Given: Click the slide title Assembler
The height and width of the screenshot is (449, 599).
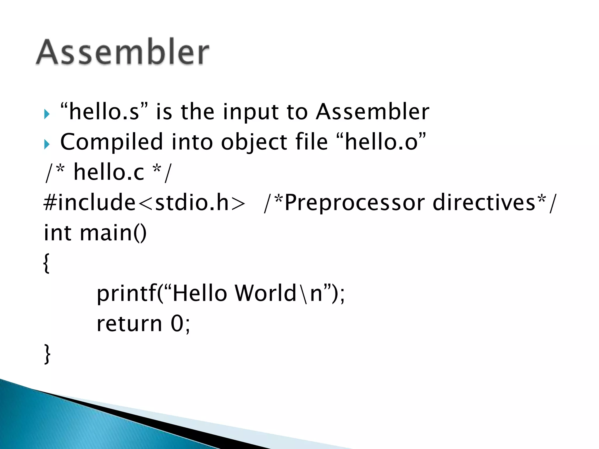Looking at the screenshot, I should coord(122,52).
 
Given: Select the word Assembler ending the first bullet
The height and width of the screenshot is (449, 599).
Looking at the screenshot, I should coord(372,112).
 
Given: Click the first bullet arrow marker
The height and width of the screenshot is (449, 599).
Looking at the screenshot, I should coord(47,114).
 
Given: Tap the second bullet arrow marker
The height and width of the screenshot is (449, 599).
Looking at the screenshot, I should coord(47,144).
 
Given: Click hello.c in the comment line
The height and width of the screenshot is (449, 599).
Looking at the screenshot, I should coord(109,172).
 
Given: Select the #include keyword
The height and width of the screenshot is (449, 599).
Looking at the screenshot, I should coord(89,202).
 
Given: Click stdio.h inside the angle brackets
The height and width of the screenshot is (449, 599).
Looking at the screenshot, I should coord(192,202).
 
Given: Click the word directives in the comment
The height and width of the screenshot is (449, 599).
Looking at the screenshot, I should coord(484,202).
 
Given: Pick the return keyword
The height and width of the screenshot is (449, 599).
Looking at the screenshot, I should coord(129,324).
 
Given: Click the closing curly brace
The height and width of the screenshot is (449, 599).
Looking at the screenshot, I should coord(47,354).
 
